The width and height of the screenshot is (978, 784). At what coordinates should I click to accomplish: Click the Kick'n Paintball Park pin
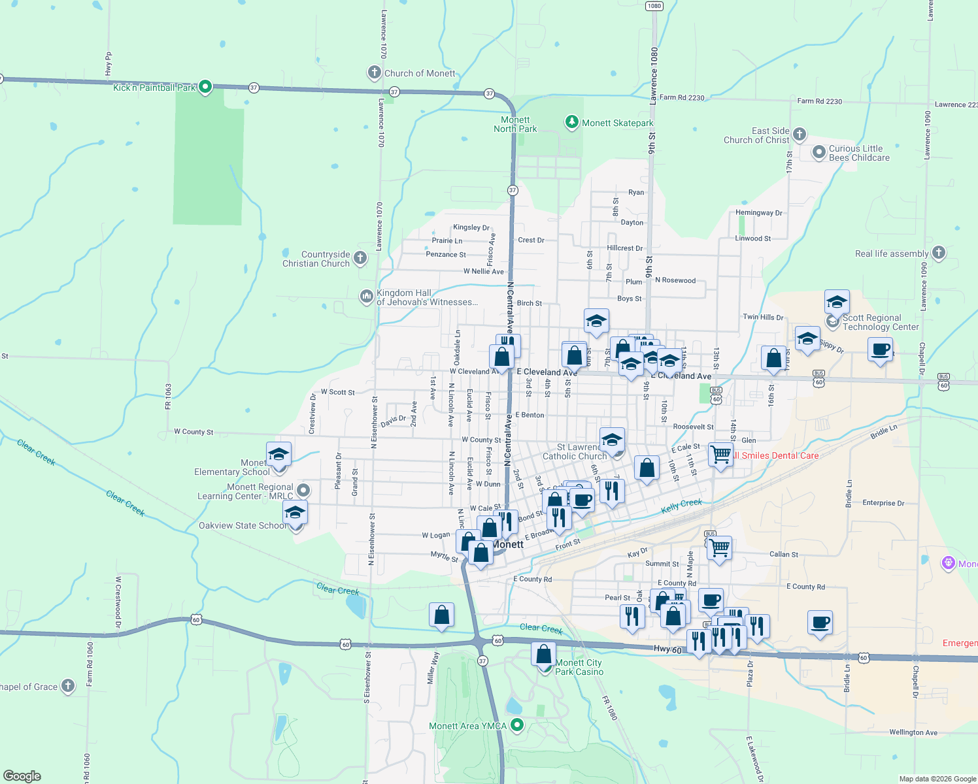pos(205,86)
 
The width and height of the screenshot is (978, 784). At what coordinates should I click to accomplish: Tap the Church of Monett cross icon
pos(374,73)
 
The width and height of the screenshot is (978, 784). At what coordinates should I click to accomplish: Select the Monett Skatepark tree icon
pos(572,122)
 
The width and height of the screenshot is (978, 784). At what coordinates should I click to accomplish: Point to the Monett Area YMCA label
pos(467,726)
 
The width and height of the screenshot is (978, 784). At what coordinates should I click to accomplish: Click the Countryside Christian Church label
pos(316,259)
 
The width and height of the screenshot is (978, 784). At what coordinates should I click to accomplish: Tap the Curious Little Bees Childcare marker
pos(818,152)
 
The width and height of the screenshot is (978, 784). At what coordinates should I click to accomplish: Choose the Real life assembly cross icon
pos(938,253)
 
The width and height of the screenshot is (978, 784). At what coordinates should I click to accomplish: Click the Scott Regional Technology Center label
pos(880,322)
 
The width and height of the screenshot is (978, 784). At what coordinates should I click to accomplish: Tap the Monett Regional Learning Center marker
pos(303,490)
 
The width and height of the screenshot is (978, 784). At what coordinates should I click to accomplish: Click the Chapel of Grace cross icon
pos(68,685)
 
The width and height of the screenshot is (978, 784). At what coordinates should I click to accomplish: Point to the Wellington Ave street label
pos(913,732)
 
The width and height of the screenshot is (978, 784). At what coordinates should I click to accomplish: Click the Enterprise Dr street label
pos(883,503)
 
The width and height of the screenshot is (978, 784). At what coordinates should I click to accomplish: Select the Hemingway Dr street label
pos(758,213)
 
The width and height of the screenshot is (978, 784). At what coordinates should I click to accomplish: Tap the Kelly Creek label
pos(681,505)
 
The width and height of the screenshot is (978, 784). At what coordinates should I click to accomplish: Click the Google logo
pos(22,776)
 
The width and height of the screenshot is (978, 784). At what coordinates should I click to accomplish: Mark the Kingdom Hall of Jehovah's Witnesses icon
pos(366,297)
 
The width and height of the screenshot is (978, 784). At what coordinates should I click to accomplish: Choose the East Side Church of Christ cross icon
pos(800,135)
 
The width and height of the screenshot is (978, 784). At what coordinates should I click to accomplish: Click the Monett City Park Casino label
pos(579,667)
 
